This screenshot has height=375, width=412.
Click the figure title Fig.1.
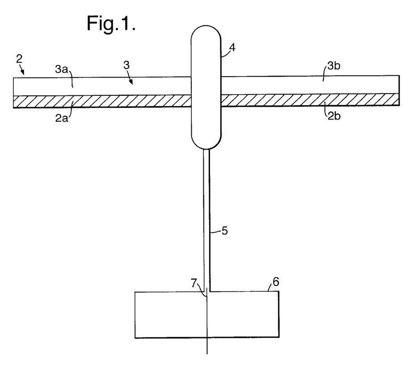pyautogui.click(x=111, y=24)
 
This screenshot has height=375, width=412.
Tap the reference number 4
pyautogui.click(x=232, y=48)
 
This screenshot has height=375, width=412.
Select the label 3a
pyautogui.click(x=61, y=70)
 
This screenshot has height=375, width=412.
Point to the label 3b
pyautogui.click(x=334, y=66)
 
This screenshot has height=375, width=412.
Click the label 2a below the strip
pyautogui.click(x=62, y=118)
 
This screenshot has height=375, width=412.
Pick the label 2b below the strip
pyautogui.click(x=334, y=115)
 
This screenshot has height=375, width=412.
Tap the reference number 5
pyautogui.click(x=225, y=231)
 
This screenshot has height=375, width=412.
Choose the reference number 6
pyautogui.click(x=276, y=282)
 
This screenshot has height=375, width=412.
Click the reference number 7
pyautogui.click(x=194, y=283)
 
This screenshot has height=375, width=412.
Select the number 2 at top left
pyautogui.click(x=19, y=59)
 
